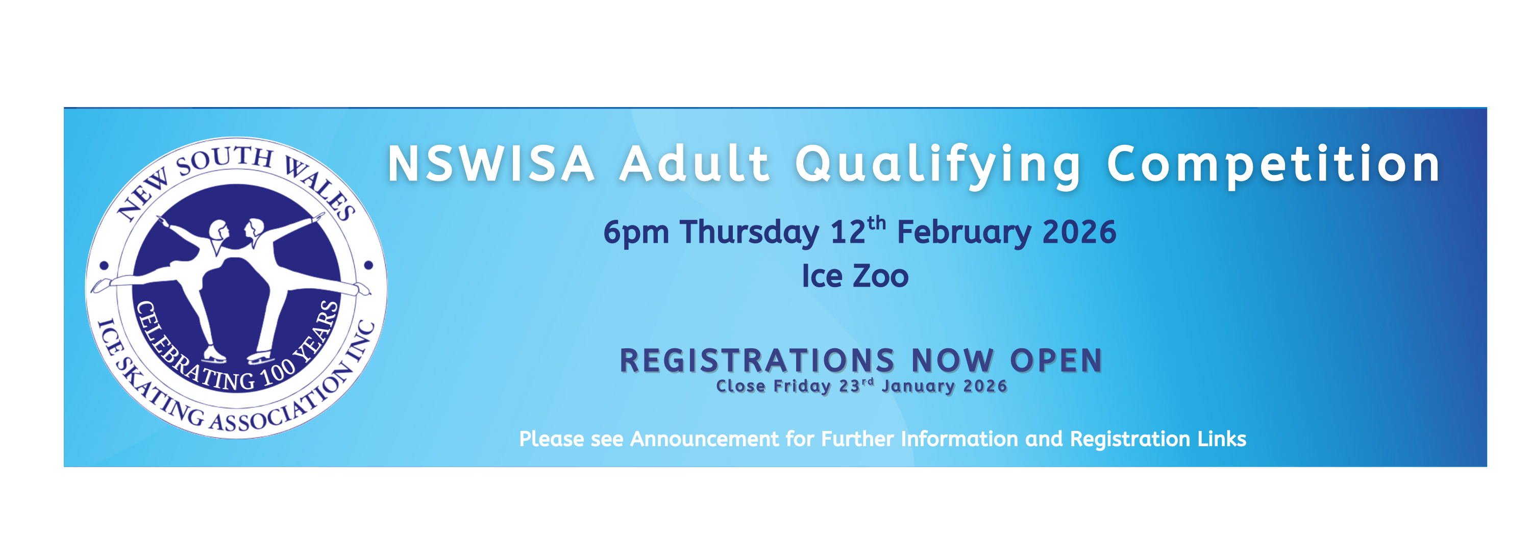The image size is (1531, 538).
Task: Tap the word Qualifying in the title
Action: pyautogui.click(x=938, y=165)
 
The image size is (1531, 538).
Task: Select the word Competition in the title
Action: pyautogui.click(x=1273, y=165)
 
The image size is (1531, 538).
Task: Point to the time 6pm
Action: pyautogui.click(x=635, y=233)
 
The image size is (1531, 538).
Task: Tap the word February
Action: pyautogui.click(x=964, y=232)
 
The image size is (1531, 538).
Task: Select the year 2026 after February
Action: pyautogui.click(x=1079, y=232)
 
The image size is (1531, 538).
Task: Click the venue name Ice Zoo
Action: pyautogui.click(x=855, y=276)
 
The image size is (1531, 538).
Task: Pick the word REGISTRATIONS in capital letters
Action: pyautogui.click(x=757, y=361)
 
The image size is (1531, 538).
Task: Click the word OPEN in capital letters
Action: pyautogui.click(x=1056, y=361)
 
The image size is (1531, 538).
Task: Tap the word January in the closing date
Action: pyautogui.click(x=918, y=387)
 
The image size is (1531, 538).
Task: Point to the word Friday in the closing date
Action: pyautogui.click(x=802, y=387)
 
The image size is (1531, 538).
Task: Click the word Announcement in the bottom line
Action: pyautogui.click(x=704, y=439)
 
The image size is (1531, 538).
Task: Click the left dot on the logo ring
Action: pyautogui.click(x=104, y=266)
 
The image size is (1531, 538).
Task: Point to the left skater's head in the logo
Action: pyautogui.click(x=218, y=230)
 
